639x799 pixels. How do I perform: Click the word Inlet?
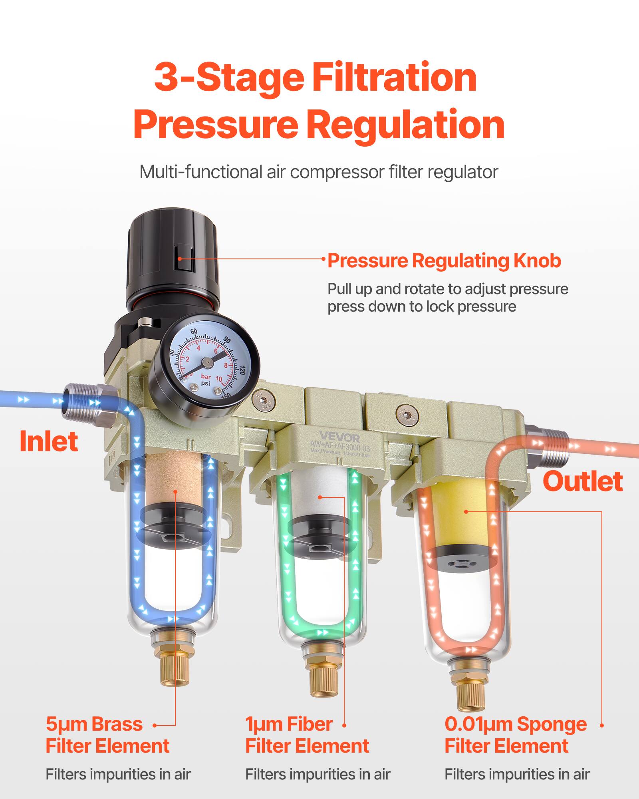(49, 441)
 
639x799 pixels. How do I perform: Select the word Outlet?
(582, 481)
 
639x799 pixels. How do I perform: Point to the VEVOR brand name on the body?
(339, 437)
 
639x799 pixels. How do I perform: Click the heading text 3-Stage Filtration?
(315, 78)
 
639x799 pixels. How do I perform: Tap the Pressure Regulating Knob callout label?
(444, 261)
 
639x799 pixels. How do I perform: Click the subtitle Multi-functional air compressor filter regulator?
(319, 172)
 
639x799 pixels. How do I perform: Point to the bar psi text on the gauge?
(206, 380)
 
